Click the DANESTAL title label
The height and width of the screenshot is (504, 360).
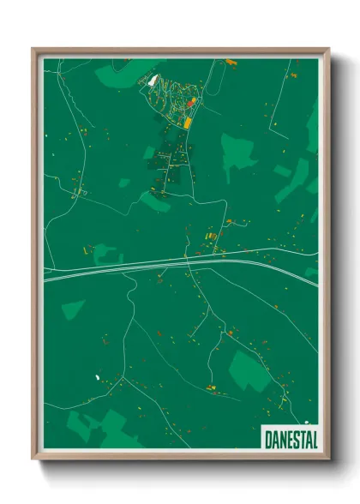290,439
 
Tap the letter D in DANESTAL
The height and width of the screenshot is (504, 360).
266,439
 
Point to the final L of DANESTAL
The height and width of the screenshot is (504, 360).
314,439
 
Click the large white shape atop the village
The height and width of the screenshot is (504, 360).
153,81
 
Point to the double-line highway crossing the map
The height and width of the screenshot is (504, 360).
171,265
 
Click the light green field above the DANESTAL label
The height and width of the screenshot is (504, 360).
249,369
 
